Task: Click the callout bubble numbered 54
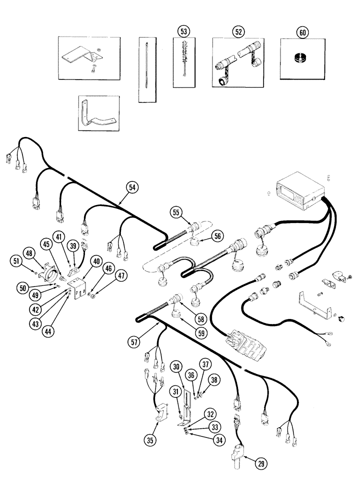pyautogui.click(x=131, y=187)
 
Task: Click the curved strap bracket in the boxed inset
pyautogui.click(x=97, y=116)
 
